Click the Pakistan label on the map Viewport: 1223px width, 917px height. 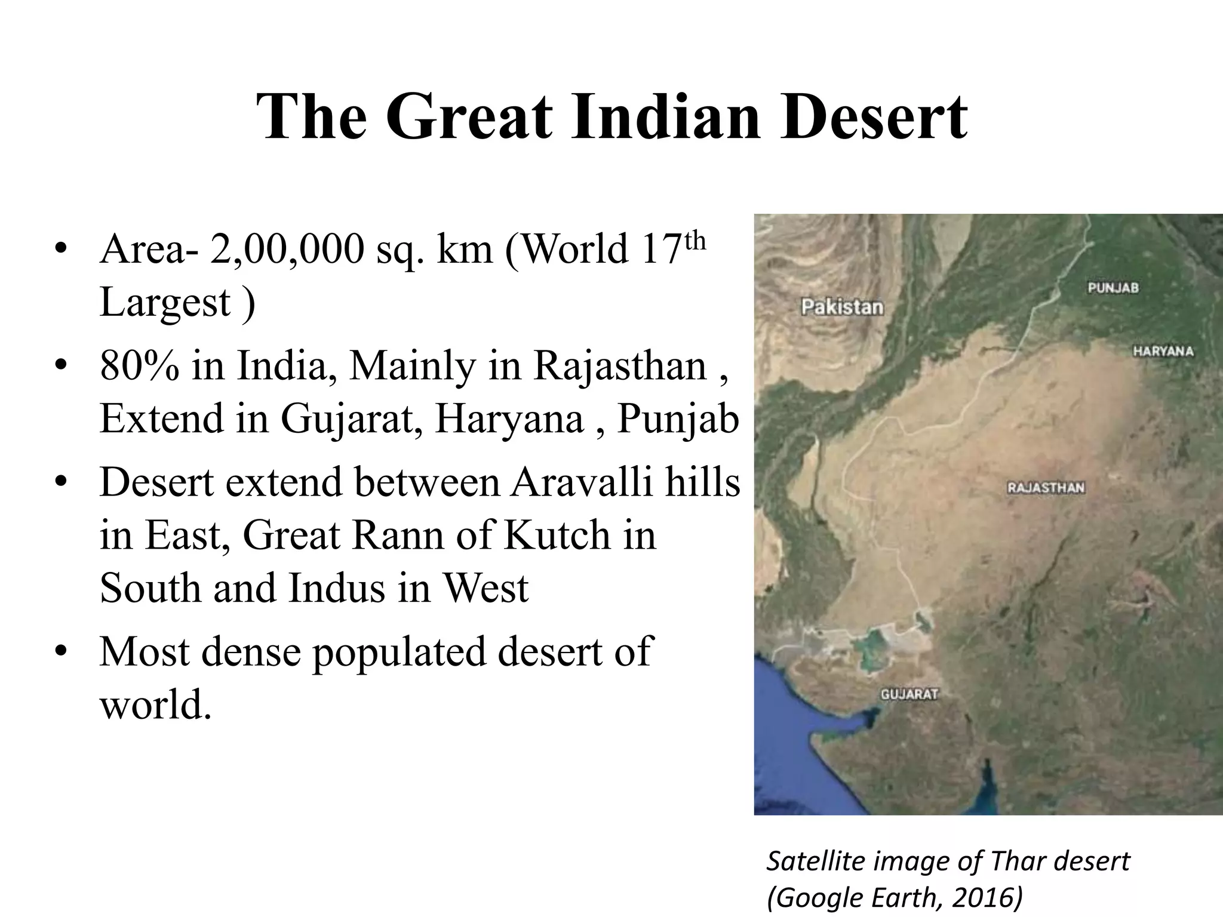click(842, 307)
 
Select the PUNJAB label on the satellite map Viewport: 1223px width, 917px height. click(1113, 288)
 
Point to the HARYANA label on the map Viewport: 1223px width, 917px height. click(1163, 351)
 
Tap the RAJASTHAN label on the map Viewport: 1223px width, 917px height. click(1046, 488)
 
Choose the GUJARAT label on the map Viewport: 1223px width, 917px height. click(909, 694)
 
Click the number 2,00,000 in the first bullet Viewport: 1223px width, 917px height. click(287, 249)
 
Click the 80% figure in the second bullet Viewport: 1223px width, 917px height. click(139, 365)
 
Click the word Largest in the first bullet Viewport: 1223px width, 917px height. click(165, 301)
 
